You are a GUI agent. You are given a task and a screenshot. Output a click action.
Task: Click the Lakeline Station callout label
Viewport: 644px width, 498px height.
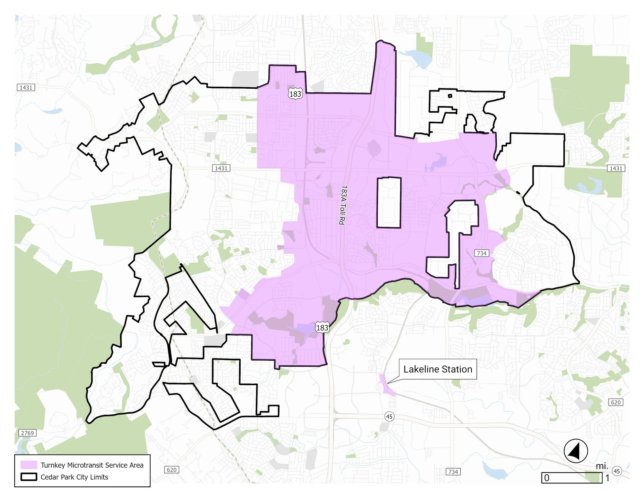[438, 369]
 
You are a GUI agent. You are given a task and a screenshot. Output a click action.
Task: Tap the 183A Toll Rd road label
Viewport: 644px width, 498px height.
[343, 205]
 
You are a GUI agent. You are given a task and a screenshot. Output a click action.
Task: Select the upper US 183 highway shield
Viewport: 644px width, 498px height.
[295, 94]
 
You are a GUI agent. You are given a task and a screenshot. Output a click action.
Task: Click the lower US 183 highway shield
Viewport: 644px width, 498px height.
[322, 327]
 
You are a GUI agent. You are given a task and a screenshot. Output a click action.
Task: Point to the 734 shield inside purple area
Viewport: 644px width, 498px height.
[481, 253]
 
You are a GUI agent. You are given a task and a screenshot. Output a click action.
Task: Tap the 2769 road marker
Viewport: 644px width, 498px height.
[27, 433]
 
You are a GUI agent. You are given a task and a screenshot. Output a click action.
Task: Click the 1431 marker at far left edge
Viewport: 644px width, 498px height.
[26, 87]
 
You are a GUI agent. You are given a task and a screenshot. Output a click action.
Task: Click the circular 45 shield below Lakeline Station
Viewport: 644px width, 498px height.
[389, 417]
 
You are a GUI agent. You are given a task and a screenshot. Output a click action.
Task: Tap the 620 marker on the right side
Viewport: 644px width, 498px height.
[616, 402]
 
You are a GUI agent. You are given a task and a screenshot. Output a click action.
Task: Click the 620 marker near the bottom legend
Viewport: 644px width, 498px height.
[171, 470]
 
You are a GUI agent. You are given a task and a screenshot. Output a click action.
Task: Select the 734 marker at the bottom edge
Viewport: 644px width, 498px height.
[453, 471]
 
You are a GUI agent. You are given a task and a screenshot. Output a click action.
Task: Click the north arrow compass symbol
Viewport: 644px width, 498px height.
[575, 451]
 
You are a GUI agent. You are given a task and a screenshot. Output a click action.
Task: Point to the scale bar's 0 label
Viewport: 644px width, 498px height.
[547, 478]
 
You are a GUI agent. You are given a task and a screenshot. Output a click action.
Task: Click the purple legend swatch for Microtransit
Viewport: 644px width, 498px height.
[29, 465]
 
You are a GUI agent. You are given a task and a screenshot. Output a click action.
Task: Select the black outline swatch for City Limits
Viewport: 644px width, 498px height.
[29, 477]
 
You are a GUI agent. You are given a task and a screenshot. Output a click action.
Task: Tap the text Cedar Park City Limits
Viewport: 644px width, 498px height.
[74, 477]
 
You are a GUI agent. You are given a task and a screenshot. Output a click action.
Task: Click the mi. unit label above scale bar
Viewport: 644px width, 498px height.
[602, 466]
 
